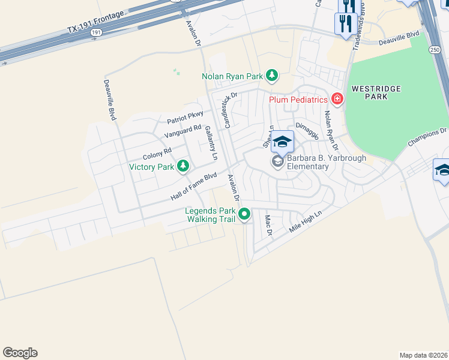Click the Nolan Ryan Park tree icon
tap(273, 75)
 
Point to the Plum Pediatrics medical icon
tap(337, 98)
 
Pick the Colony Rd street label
tap(157, 154)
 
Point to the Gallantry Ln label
tap(210, 143)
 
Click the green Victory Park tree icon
tap(184, 166)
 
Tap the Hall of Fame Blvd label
tap(193, 187)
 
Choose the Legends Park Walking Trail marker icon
tap(244, 214)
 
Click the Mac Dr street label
tap(269, 226)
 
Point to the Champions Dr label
tap(427, 137)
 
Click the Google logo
tap(20, 353)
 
